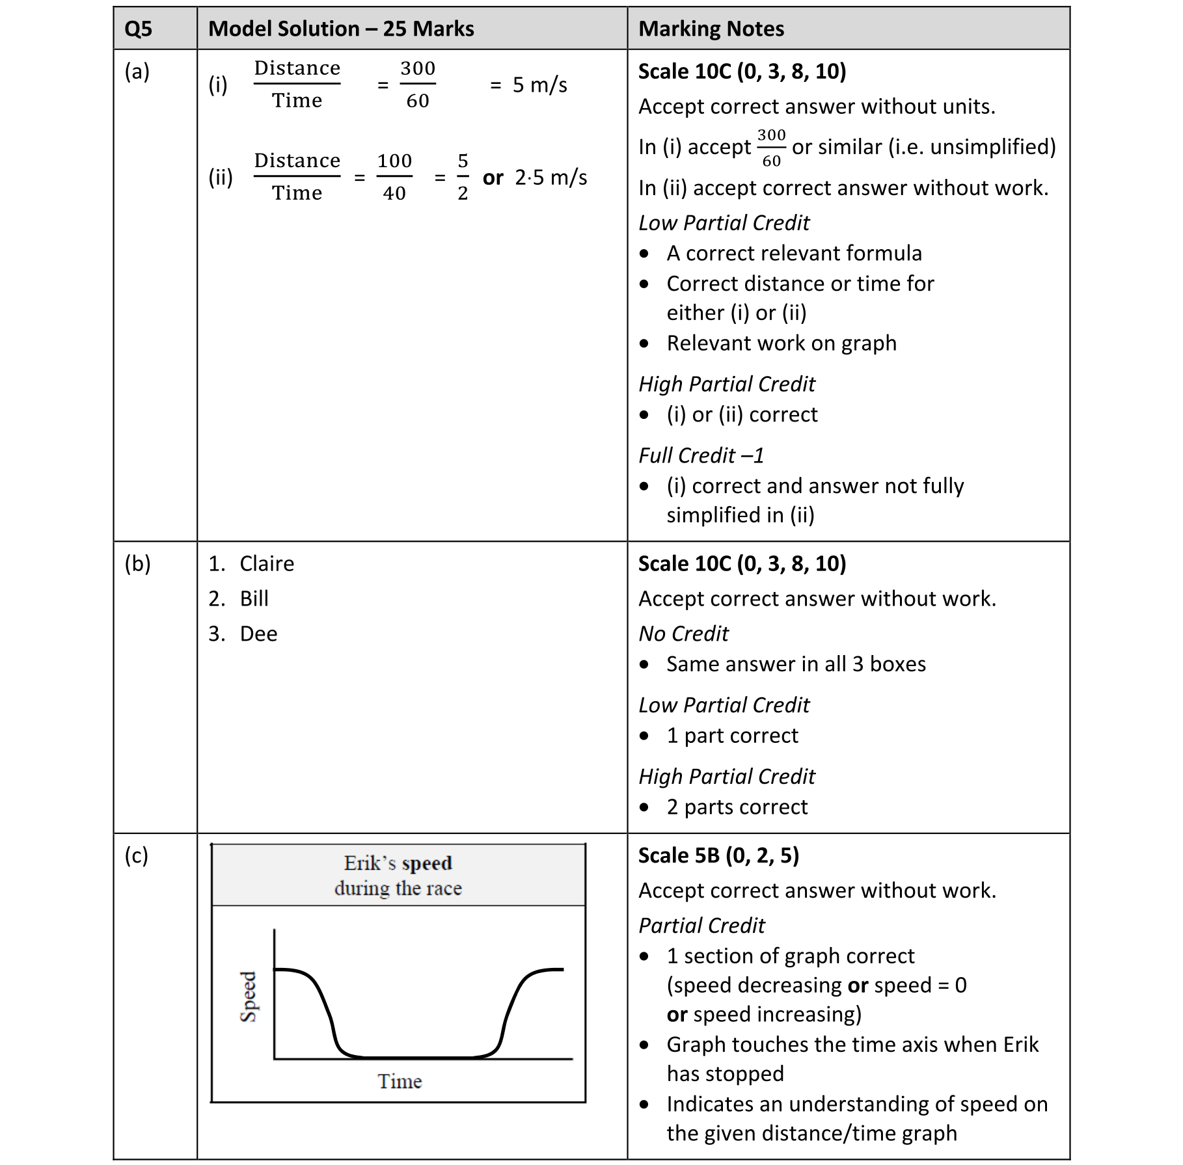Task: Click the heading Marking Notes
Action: point(711,29)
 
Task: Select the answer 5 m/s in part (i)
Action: point(539,85)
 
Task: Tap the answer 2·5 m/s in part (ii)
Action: point(551,177)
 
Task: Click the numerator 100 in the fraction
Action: point(394,161)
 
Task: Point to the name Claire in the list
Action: point(267,563)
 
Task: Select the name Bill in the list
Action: point(254,598)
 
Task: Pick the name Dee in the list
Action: point(258,634)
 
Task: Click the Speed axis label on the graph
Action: point(249,997)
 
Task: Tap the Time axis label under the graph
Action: point(400,1081)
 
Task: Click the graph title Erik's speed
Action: point(398,863)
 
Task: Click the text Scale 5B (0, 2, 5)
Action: point(718,855)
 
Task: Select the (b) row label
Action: point(137,563)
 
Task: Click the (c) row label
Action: point(137,855)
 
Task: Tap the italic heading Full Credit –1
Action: point(701,455)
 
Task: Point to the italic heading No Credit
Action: point(683,634)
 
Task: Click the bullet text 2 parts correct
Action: point(737,807)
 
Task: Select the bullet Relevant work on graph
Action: point(781,343)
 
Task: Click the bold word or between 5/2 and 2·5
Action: point(493,178)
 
